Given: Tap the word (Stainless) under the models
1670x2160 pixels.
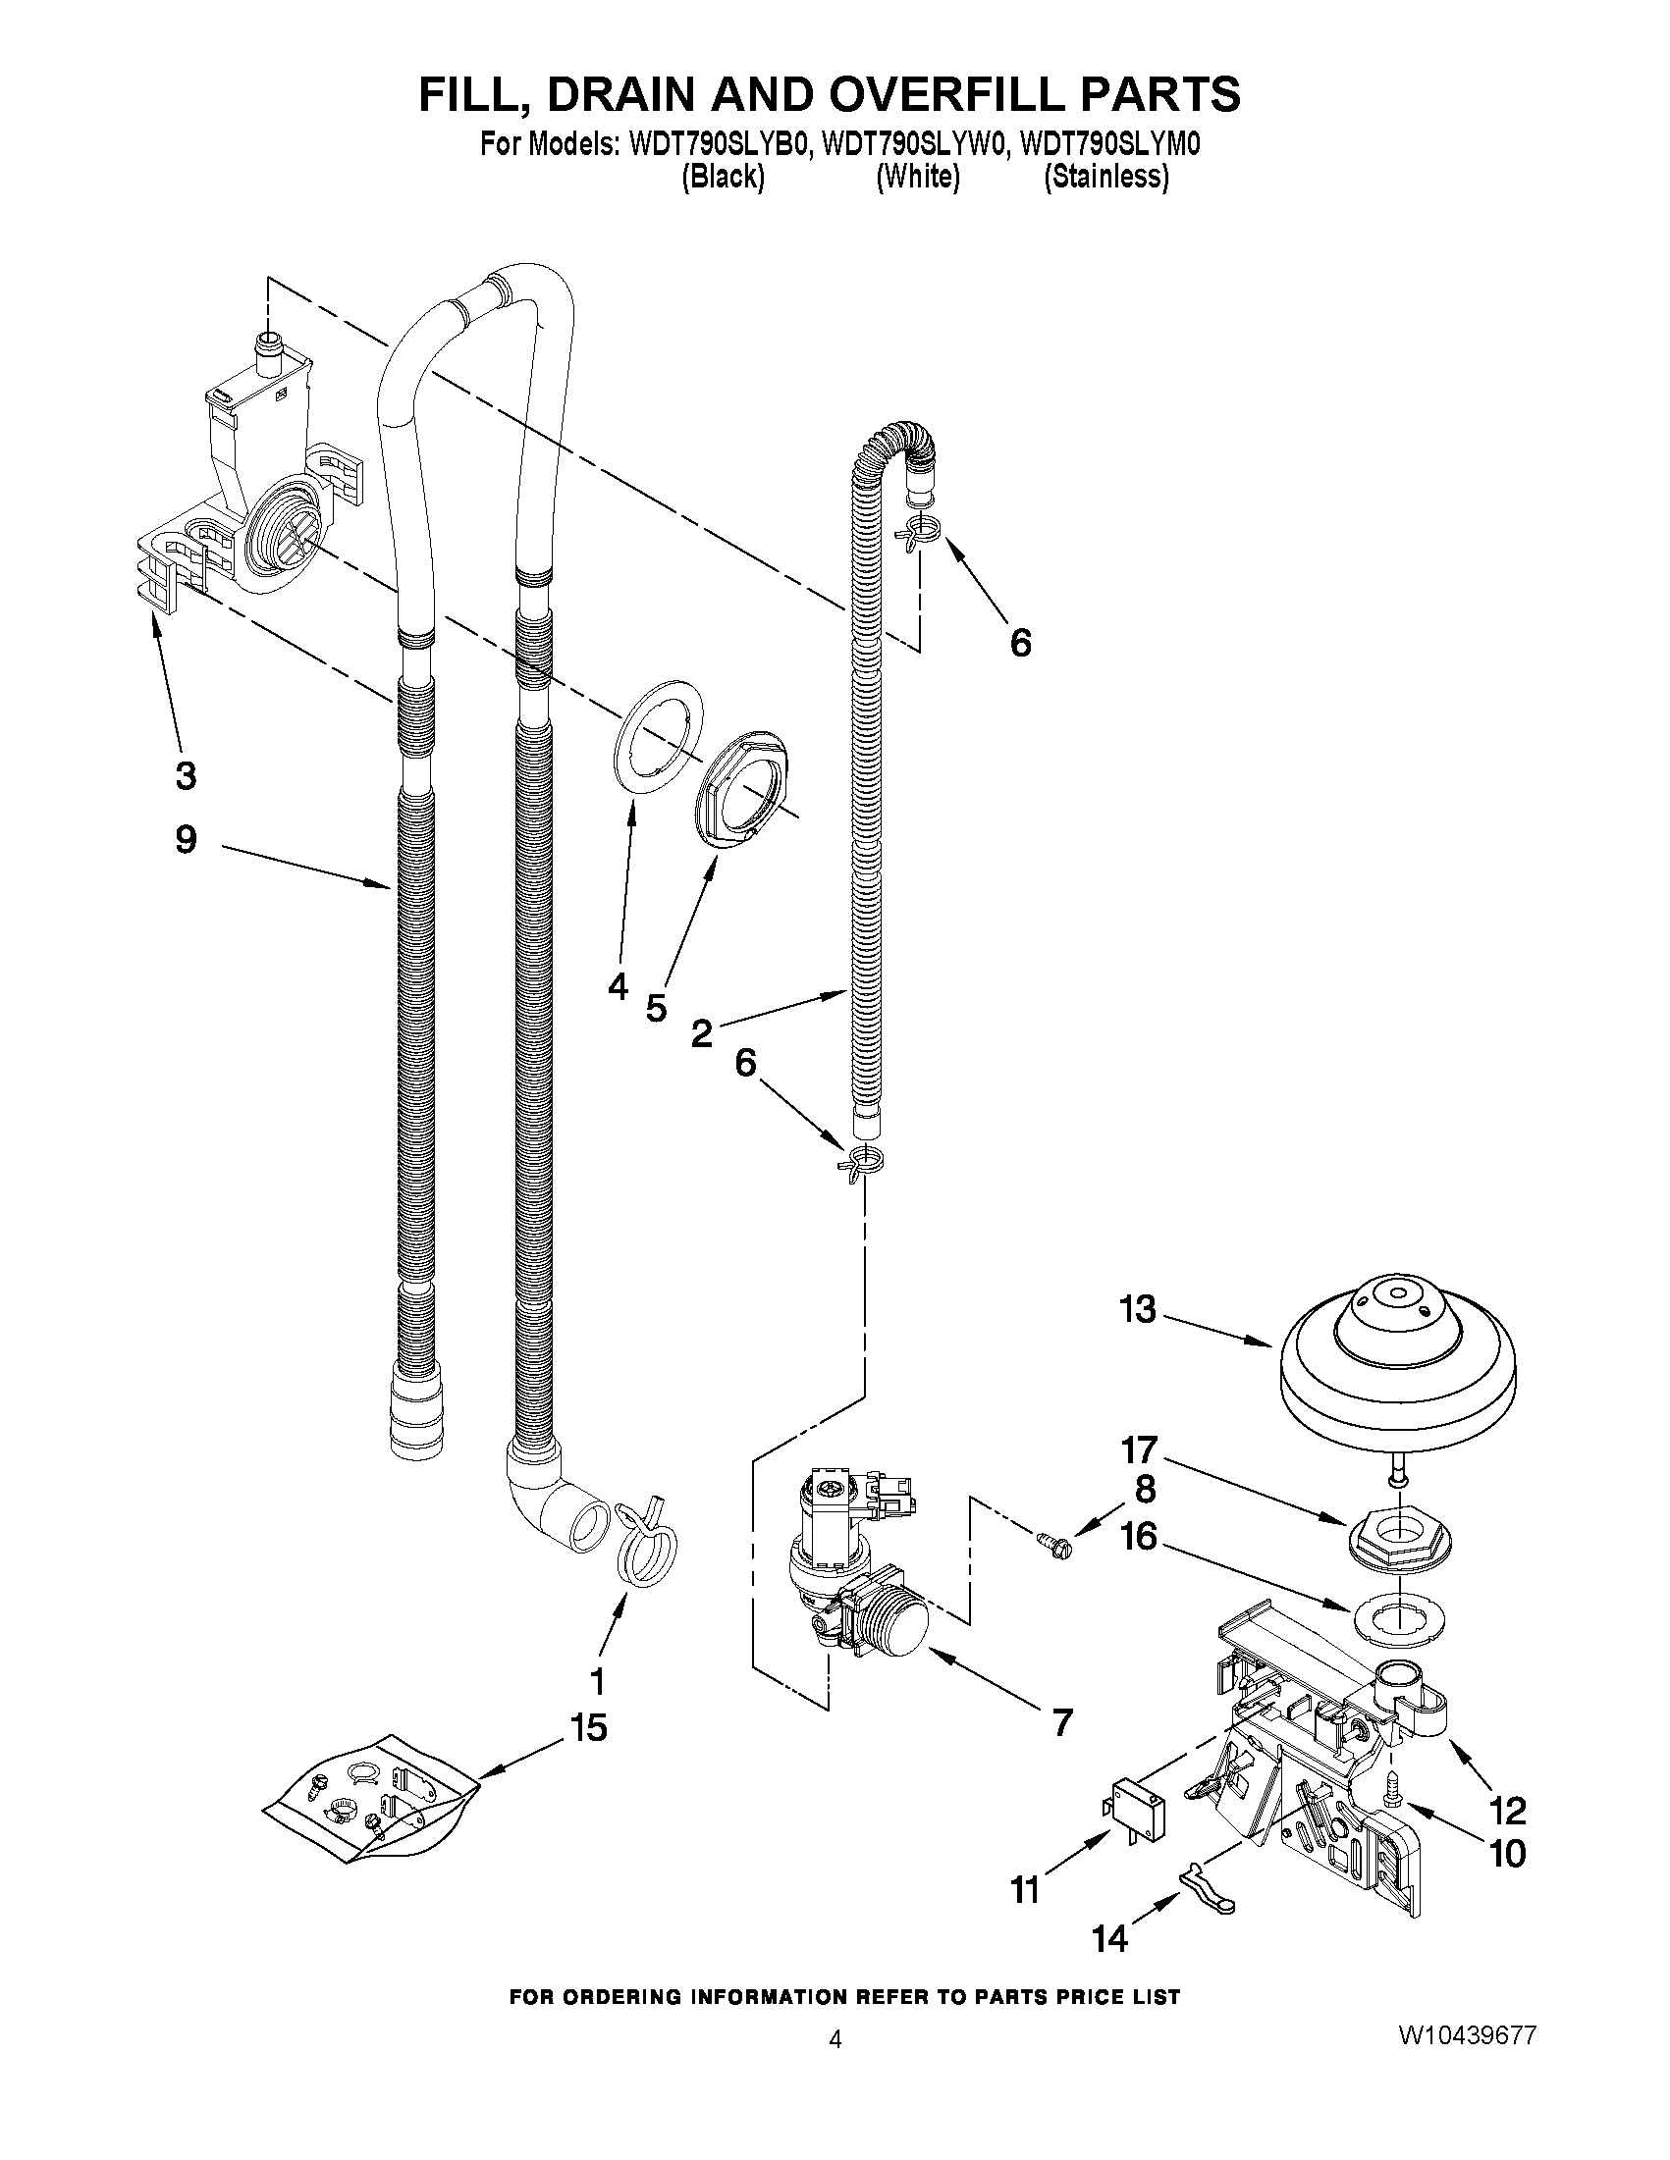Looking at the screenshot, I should (x=1107, y=177).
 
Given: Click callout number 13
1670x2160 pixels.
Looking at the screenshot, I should (x=1138, y=1309).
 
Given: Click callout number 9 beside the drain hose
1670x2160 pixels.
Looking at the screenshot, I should (x=186, y=840).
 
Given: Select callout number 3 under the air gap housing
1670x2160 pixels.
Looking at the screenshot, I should (x=186, y=775).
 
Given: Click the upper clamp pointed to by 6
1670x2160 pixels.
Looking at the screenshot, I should (x=916, y=531).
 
